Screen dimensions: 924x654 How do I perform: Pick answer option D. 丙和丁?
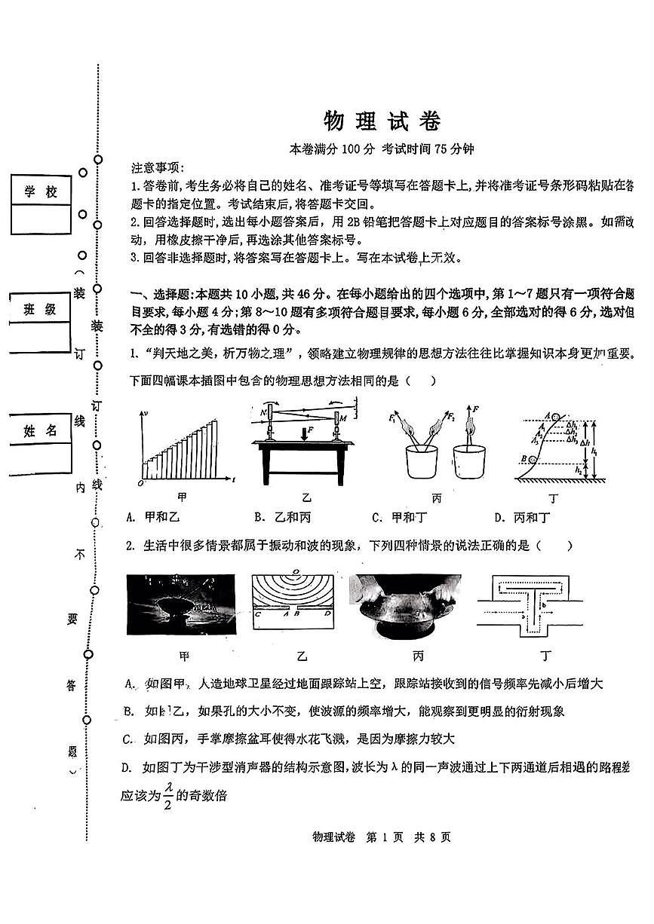click(522, 517)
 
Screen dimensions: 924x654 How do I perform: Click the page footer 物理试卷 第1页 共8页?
click(381, 837)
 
